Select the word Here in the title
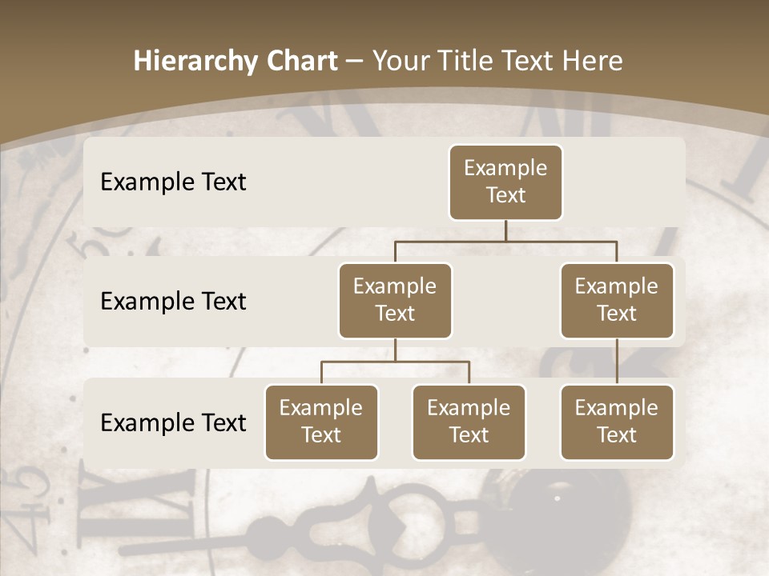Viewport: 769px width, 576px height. coord(593,61)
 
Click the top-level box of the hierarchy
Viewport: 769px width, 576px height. coord(505,182)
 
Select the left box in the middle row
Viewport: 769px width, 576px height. coord(395,300)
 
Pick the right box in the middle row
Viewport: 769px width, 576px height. coord(617,300)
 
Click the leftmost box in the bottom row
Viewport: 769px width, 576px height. coord(321,422)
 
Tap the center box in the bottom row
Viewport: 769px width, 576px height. coord(469,422)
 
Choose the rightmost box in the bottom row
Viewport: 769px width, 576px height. coord(617,422)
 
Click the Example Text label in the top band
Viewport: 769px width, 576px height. coord(173,182)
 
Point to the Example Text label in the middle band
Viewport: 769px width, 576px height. coord(173,301)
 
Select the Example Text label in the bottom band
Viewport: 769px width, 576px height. coord(173,422)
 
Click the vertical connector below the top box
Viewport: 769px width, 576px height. coord(505,230)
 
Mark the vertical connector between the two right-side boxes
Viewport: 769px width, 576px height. coord(617,362)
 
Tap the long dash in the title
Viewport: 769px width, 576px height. coord(355,61)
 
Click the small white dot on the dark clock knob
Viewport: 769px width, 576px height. coord(558,498)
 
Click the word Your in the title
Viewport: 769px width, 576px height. coord(401,61)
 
